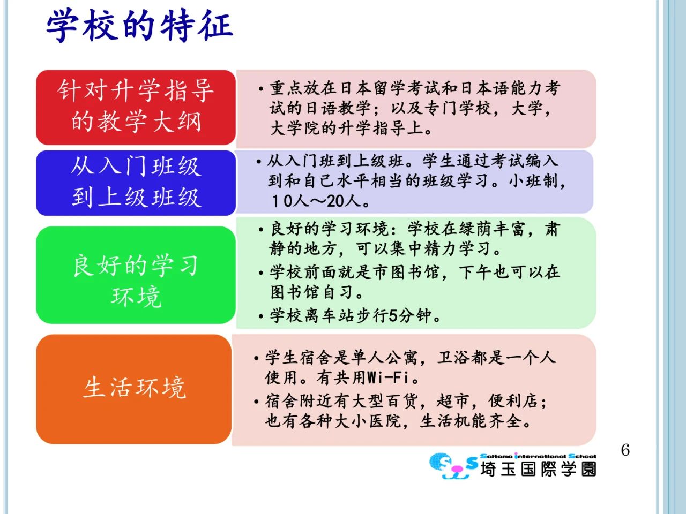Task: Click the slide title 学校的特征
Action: [140, 25]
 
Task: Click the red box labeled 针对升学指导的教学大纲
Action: [136, 108]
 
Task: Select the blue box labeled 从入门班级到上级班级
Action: [136, 183]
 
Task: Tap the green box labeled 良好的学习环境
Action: [136, 275]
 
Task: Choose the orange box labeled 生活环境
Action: [134, 389]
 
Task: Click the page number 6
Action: [625, 450]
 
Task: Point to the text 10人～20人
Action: [320, 201]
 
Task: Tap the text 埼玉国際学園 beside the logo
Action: [538, 468]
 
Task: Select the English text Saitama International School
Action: [538, 456]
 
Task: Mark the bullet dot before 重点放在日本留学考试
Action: [261, 89]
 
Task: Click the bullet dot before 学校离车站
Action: [261, 317]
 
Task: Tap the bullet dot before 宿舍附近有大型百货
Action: [257, 402]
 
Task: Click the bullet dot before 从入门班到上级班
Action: [258, 162]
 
